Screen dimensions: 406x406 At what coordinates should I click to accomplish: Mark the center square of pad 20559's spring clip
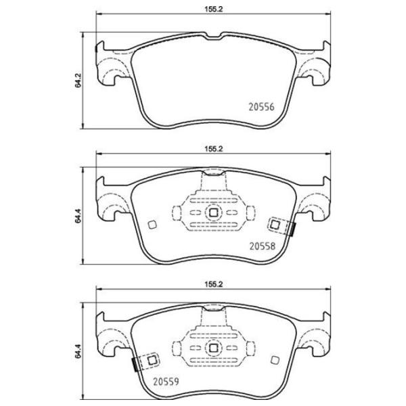pos(213,348)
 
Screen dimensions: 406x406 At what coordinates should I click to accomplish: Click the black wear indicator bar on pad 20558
pos(292,230)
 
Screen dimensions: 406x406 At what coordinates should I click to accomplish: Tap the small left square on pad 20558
pos(152,225)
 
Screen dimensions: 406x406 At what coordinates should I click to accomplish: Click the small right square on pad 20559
pos(275,361)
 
